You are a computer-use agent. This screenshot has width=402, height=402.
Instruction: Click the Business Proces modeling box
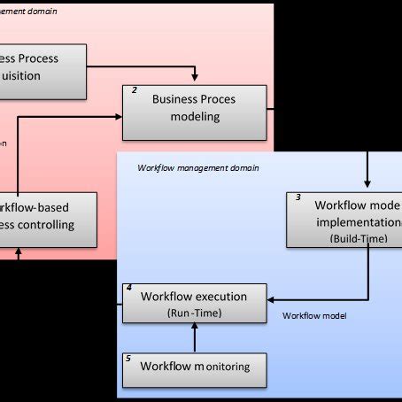(x=193, y=112)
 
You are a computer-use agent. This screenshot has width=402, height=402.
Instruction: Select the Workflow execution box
(x=193, y=304)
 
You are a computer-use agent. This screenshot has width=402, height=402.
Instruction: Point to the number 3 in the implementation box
(x=298, y=197)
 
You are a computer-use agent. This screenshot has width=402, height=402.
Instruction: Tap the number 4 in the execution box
(x=129, y=289)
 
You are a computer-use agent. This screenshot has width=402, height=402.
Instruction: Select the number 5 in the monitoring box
(x=129, y=359)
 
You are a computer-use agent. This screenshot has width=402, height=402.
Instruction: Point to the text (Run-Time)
(x=193, y=313)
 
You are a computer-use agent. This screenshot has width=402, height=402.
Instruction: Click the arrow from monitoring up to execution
(x=193, y=337)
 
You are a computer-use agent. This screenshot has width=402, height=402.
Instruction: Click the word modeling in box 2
(x=194, y=119)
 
